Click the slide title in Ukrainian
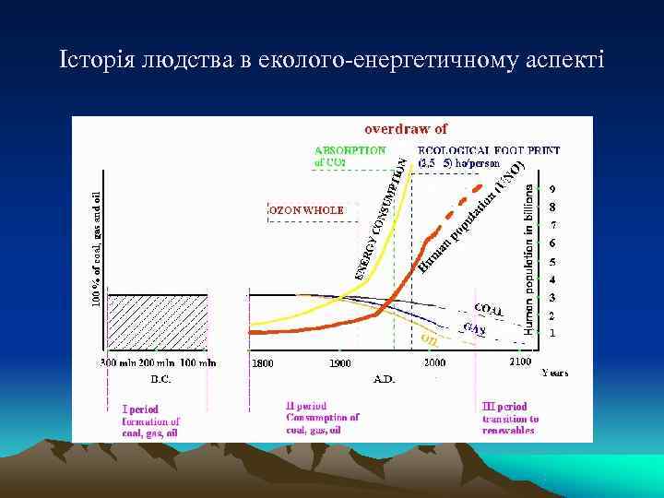point(331,61)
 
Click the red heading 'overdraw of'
point(406,130)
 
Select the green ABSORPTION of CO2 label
point(350,156)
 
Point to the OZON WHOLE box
point(307,210)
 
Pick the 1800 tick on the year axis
point(263,363)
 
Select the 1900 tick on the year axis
point(340,363)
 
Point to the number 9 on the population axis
point(551,190)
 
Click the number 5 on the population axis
point(551,262)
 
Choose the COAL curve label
point(488,310)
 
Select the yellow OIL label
point(429,339)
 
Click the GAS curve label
point(474,328)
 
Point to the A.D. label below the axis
point(385,378)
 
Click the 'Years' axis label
point(555,373)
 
